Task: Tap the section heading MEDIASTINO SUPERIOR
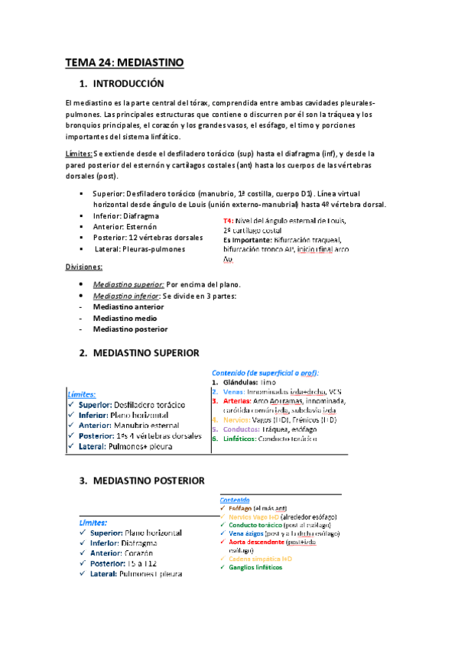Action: (146, 353)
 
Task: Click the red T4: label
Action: (218, 221)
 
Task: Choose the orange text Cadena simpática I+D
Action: (260, 559)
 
